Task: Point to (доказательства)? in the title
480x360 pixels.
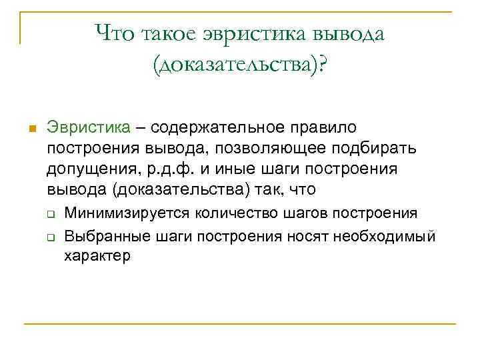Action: pyautogui.click(x=240, y=65)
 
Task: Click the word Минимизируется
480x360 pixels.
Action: pyautogui.click(x=127, y=213)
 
